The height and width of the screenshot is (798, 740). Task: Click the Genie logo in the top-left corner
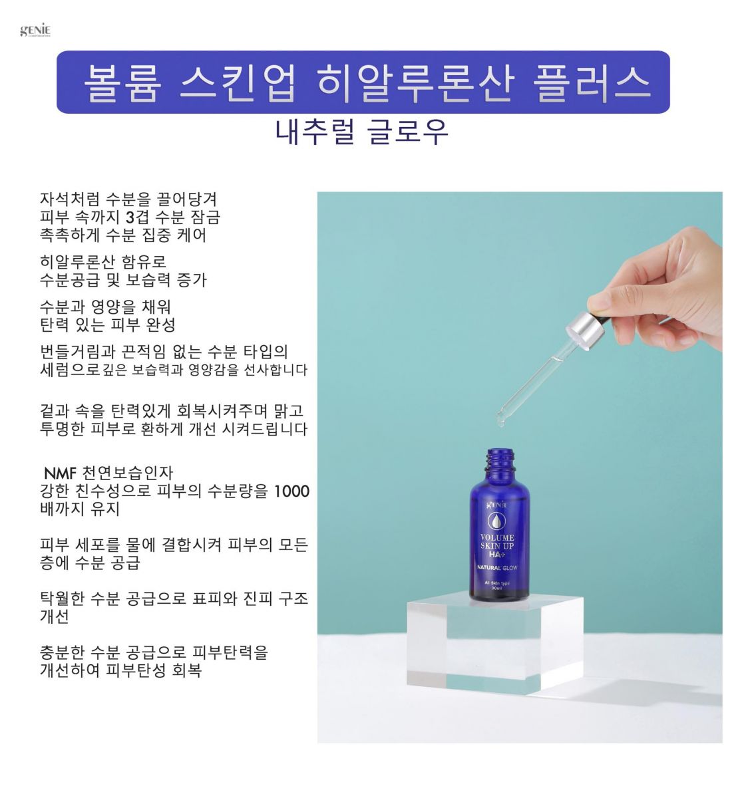tap(35, 31)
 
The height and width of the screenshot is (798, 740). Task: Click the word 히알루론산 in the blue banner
tap(415, 82)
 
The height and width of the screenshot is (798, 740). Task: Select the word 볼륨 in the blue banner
tap(122, 82)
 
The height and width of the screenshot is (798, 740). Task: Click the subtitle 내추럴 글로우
tap(361, 132)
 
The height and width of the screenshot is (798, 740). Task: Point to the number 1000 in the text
tap(291, 491)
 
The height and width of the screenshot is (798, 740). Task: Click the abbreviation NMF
tap(60, 473)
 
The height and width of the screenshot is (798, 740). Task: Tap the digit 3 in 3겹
tap(130, 217)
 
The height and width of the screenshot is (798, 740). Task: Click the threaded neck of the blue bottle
tap(500, 462)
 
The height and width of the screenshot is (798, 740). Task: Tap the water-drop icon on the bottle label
tap(497, 521)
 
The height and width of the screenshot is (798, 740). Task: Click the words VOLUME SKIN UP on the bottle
tap(497, 542)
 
